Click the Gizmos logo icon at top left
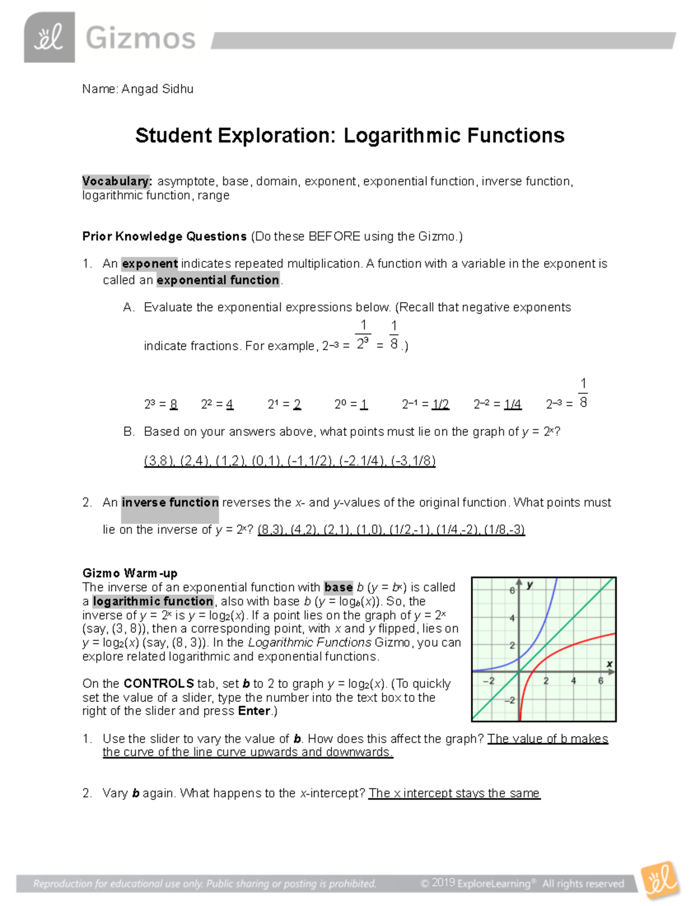click(x=49, y=37)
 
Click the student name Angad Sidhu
click(x=157, y=89)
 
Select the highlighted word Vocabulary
click(x=116, y=181)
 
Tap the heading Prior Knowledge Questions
click(x=164, y=236)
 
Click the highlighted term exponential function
click(x=218, y=280)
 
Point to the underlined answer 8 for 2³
click(x=173, y=404)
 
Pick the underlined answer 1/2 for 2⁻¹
click(x=440, y=404)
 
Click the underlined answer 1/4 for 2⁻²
click(x=512, y=404)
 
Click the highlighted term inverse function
click(x=170, y=503)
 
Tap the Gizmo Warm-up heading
click(x=129, y=573)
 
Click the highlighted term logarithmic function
click(x=153, y=601)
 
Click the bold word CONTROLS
click(x=159, y=684)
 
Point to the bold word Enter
click(x=254, y=711)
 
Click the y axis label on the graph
click(x=530, y=585)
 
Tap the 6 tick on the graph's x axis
click(x=600, y=681)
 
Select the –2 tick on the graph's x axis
click(x=489, y=681)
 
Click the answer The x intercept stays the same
click(x=454, y=793)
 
